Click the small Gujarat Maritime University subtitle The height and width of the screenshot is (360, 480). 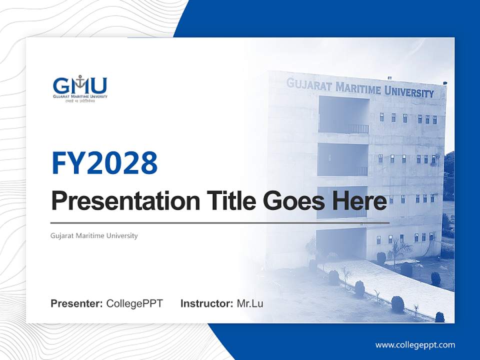pyautogui.click(x=94, y=235)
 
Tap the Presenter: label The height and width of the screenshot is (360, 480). pyautogui.click(x=77, y=303)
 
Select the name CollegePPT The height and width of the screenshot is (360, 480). pyautogui.click(x=134, y=303)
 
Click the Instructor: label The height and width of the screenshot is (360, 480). pyautogui.click(x=206, y=303)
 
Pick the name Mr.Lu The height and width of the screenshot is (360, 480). pyautogui.click(x=249, y=303)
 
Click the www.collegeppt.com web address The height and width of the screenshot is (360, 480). pyautogui.click(x=415, y=345)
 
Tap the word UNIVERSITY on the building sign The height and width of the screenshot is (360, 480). pyautogui.click(x=409, y=92)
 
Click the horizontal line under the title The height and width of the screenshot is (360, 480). pyautogui.click(x=220, y=222)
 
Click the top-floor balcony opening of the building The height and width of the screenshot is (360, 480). pyautogui.click(x=343, y=115)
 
